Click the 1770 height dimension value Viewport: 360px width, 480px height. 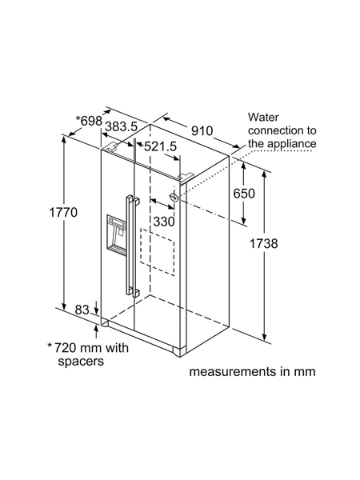tap(63, 212)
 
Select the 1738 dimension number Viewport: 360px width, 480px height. tap(263, 244)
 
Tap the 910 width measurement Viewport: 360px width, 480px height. tap(202, 131)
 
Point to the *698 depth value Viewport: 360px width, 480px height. tap(89, 121)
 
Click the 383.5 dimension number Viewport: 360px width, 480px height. tap(122, 126)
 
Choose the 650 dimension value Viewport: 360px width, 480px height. tap(244, 194)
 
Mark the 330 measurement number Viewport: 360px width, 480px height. tap(164, 222)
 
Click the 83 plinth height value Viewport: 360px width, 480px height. tap(82, 310)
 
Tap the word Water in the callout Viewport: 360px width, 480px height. tap(263, 117)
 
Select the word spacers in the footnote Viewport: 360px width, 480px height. tap(81, 362)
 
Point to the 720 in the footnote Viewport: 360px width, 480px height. tap(65, 348)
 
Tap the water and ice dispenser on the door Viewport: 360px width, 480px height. tap(117, 235)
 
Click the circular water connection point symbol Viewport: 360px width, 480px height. tap(174, 197)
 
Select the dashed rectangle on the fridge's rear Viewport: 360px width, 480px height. tap(158, 252)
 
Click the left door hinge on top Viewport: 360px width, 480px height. tap(112, 146)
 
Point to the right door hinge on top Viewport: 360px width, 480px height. tap(186, 176)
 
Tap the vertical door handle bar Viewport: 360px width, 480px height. tap(129, 245)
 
